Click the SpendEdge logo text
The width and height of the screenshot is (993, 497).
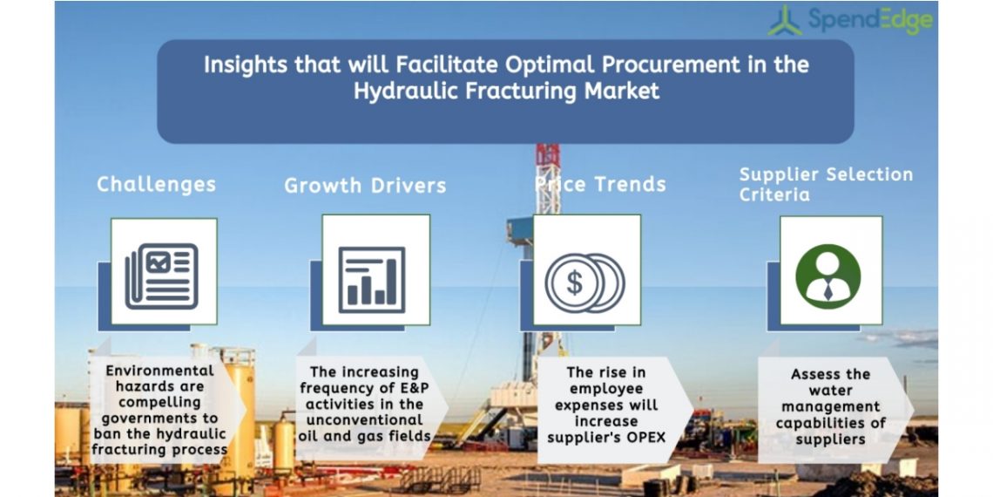point(870,21)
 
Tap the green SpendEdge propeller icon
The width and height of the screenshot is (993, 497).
point(786,20)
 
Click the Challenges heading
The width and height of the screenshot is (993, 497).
point(157,185)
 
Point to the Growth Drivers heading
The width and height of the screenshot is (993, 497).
point(366,186)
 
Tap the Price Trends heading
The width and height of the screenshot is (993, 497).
point(600,185)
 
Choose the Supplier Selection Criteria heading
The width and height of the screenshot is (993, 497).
point(827,185)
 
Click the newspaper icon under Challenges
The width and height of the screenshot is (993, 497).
point(161,276)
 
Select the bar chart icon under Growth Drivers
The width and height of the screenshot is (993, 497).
point(372,280)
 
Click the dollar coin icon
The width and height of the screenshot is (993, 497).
point(584,283)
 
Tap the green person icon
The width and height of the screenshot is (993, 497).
point(828,276)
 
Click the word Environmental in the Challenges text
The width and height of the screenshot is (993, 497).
point(159,371)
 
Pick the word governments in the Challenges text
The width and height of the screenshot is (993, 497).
point(159,419)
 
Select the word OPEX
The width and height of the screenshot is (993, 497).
point(645,438)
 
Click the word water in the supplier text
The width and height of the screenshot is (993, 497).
point(829,391)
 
